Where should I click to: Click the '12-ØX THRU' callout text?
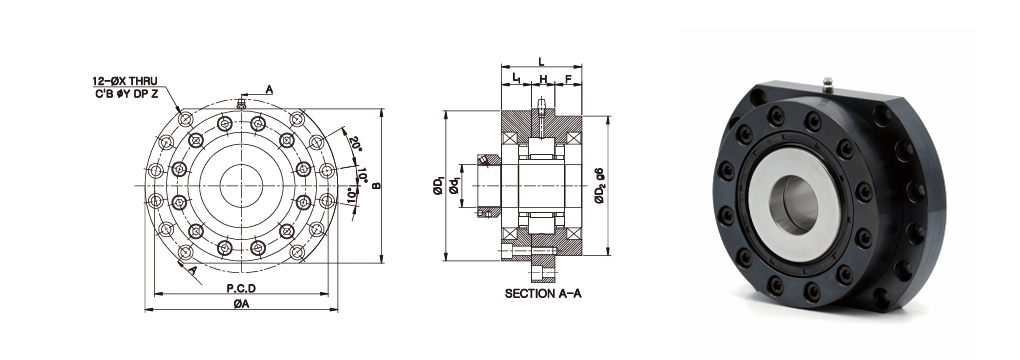point(125,81)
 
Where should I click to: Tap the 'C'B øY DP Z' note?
point(125,92)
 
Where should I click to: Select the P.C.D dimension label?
point(241,288)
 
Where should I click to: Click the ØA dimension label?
point(241,304)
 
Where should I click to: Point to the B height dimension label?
point(376,186)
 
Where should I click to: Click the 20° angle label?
point(355,144)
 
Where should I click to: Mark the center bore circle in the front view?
point(241,186)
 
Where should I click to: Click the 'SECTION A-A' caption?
point(543,294)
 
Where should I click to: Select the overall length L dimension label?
point(541,62)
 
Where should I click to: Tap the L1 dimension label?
point(516,78)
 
